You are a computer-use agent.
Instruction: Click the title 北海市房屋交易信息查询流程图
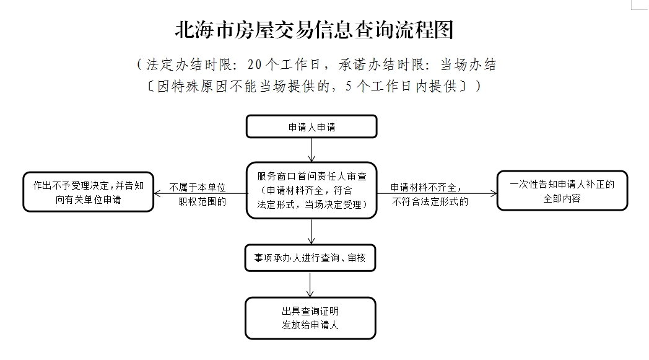[314, 30]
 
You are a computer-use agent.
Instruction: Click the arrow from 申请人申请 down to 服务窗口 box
[311, 150]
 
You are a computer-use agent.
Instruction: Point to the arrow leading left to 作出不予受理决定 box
[200, 193]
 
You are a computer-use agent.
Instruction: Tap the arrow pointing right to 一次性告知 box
[437, 193]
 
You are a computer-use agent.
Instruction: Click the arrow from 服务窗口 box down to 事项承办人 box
[311, 232]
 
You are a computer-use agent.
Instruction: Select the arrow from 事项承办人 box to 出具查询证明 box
[310, 284]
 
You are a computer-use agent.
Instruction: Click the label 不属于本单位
[198, 187]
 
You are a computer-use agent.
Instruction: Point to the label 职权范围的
[203, 202]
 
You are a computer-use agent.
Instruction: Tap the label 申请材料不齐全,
[426, 187]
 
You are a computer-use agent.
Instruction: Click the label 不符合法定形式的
[430, 202]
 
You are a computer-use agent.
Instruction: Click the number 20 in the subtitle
[255, 64]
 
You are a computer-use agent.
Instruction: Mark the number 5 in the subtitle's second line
[349, 86]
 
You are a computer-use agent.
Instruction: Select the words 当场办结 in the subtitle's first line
[468, 64]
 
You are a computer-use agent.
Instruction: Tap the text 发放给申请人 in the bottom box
[310, 325]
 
